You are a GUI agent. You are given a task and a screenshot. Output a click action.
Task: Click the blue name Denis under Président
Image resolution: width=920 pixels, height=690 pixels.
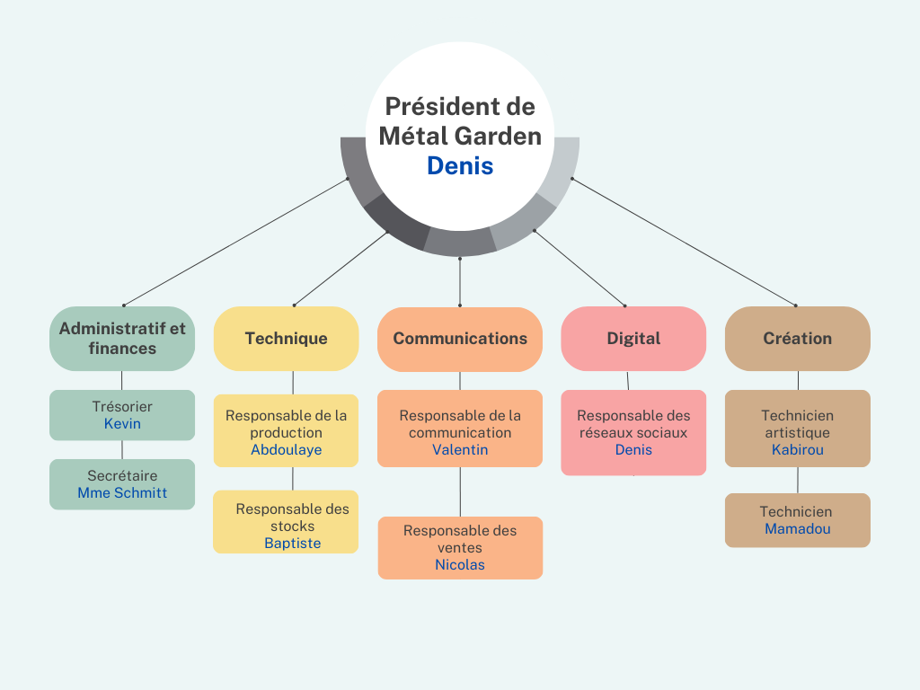pyautogui.click(x=460, y=166)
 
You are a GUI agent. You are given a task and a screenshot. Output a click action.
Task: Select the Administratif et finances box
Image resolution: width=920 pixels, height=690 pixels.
pyautogui.click(x=122, y=339)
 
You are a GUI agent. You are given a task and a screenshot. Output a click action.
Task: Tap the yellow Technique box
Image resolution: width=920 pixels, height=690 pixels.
pyautogui.click(x=287, y=339)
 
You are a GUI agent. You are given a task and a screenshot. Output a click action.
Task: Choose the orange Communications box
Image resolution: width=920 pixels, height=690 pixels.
pyautogui.click(x=460, y=339)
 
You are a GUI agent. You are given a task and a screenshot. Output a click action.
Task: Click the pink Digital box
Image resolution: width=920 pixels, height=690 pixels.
pyautogui.click(x=633, y=339)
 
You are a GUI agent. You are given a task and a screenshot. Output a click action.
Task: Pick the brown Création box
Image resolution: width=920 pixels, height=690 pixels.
pyautogui.click(x=798, y=339)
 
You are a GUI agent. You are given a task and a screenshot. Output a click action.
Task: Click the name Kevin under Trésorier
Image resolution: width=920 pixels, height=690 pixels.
pyautogui.click(x=122, y=424)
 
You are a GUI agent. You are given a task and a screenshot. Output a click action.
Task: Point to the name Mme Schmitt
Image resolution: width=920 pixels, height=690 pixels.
pyautogui.click(x=122, y=493)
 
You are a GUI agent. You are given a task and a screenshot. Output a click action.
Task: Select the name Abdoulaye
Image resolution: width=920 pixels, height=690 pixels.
pyautogui.click(x=287, y=450)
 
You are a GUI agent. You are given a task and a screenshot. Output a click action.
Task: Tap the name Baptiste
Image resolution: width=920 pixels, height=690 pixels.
pyautogui.click(x=292, y=544)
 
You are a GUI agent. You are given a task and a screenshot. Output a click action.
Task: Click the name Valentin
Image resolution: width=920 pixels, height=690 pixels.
pyautogui.click(x=460, y=450)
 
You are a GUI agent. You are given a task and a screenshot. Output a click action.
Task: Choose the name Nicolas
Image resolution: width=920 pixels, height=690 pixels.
pyautogui.click(x=460, y=565)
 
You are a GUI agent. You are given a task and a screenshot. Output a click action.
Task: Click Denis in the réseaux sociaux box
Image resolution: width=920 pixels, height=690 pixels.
pyautogui.click(x=633, y=450)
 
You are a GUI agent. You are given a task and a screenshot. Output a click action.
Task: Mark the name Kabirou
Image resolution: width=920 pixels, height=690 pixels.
pyautogui.click(x=798, y=450)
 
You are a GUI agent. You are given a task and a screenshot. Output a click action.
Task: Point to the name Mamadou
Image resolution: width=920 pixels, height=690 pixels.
pyautogui.click(x=798, y=529)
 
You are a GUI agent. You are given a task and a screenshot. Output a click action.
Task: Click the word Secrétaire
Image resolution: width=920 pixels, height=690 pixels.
pyautogui.click(x=122, y=476)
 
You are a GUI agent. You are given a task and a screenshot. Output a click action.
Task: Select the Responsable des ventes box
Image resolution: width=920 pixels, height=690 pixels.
pyautogui.click(x=460, y=548)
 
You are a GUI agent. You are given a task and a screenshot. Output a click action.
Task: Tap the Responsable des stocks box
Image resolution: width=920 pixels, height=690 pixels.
pyautogui.click(x=286, y=522)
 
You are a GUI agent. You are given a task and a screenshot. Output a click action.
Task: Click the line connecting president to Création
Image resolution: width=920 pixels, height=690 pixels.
pyautogui.click(x=684, y=242)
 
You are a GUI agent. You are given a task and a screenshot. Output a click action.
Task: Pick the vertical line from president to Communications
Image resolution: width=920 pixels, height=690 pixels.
pyautogui.click(x=460, y=281)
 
